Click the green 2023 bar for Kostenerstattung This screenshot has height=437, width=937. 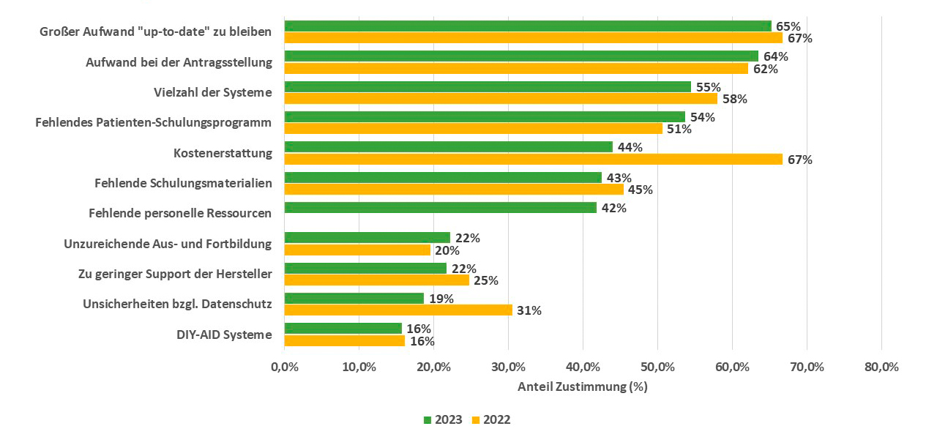448,147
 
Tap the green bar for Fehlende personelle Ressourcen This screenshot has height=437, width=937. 440,208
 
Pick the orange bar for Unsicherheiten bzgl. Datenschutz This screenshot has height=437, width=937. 397,310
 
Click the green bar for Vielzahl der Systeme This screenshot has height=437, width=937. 487,86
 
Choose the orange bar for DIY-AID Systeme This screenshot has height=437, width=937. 344,340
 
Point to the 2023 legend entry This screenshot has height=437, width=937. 442,419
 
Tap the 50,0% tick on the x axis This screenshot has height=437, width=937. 657,367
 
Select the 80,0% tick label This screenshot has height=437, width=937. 881,367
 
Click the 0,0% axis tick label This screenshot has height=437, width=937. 284,367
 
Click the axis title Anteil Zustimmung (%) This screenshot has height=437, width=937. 583,386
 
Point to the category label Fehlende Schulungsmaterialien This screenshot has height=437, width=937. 183,183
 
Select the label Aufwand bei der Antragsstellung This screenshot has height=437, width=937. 179,62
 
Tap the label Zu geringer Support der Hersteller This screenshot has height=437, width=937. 175,274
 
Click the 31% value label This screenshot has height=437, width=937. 529,310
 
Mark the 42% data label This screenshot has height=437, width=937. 614,208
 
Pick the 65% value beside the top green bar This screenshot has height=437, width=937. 788,26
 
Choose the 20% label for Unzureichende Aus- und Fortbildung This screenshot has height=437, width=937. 447,250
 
